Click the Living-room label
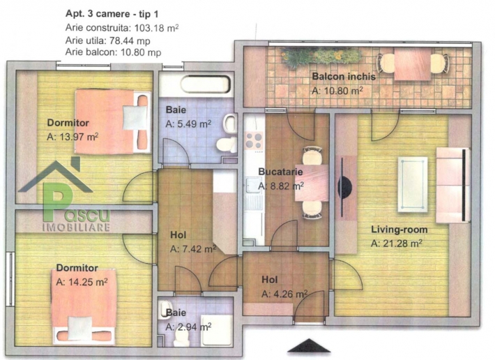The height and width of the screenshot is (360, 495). (x=399, y=230)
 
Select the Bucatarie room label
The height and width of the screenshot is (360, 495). (x=280, y=172)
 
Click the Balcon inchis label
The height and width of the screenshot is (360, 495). (x=344, y=77)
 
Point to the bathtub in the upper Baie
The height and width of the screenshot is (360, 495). (x=205, y=84)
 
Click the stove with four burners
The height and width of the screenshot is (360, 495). (x=254, y=140)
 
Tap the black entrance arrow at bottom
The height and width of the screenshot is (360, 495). (x=309, y=345)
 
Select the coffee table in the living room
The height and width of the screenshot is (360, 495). (x=413, y=184)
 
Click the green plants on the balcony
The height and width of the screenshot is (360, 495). (x=321, y=57)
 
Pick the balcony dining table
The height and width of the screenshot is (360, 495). (x=412, y=63)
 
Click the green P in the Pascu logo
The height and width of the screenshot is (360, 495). (x=57, y=202)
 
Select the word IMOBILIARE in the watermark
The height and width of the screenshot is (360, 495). (x=76, y=227)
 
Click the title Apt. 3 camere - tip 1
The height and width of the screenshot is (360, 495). (x=112, y=14)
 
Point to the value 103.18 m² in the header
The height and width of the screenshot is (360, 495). (x=157, y=28)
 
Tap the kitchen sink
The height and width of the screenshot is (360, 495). (x=253, y=185)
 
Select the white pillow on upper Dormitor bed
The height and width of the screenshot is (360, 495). (x=135, y=118)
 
